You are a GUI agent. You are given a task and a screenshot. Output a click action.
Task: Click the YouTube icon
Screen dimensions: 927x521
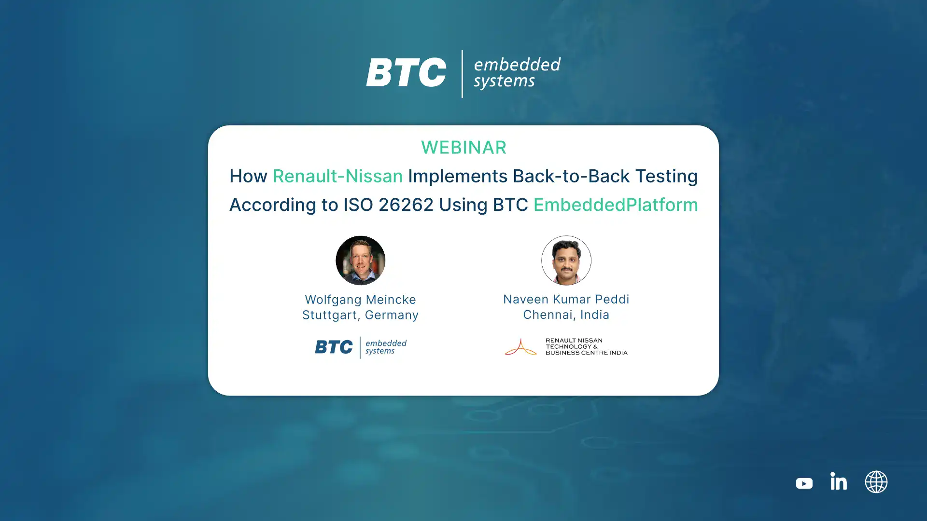(x=804, y=483)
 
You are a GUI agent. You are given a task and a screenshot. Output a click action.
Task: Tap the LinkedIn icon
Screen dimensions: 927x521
(x=838, y=481)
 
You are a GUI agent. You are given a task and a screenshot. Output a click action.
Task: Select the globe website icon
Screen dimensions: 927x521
(x=876, y=482)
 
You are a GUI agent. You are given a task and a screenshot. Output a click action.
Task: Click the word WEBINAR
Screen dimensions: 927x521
(x=463, y=148)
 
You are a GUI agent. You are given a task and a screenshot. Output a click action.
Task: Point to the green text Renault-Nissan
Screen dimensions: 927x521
(x=337, y=176)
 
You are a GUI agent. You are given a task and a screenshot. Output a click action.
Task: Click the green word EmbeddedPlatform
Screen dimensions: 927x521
(x=616, y=205)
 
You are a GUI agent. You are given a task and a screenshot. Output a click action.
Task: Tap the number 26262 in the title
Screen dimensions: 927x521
(x=406, y=205)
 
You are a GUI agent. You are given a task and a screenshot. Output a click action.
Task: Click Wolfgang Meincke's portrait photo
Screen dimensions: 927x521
(x=360, y=260)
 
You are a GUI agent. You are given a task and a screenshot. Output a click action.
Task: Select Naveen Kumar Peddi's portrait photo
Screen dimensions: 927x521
(x=566, y=260)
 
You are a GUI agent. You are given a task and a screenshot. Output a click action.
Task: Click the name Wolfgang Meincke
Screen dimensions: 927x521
(x=360, y=300)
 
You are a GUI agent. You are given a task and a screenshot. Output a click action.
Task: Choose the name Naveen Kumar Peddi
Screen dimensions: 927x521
(x=566, y=299)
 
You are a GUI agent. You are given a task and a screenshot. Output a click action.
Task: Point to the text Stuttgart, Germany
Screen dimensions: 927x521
(x=360, y=315)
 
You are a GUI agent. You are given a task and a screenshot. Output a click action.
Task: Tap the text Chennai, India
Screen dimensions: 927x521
(x=566, y=315)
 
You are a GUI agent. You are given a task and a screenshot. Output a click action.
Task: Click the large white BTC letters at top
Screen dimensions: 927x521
(x=406, y=72)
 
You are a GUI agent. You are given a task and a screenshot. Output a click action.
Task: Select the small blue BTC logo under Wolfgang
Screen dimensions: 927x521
(x=334, y=347)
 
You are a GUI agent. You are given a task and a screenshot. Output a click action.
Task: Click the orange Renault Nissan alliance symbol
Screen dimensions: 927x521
(x=520, y=346)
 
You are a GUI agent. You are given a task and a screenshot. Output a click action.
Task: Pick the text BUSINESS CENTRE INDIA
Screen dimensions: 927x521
(x=587, y=353)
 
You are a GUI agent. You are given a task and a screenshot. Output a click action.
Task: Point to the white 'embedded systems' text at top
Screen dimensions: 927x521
(x=517, y=73)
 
